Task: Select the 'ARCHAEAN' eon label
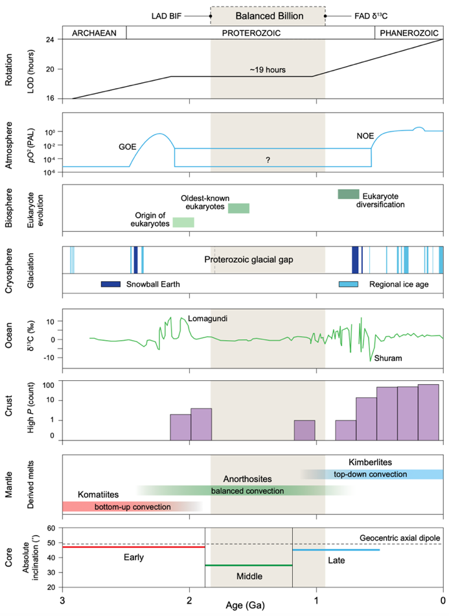click(x=94, y=32)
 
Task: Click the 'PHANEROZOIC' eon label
click(x=409, y=32)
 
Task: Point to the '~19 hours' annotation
click(x=268, y=69)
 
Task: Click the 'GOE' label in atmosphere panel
click(x=127, y=147)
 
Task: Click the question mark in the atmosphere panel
click(x=267, y=159)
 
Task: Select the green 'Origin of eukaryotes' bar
click(x=183, y=222)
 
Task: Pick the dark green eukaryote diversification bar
click(x=348, y=194)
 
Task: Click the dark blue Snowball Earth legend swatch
click(x=111, y=284)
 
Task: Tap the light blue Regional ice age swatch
click(x=350, y=284)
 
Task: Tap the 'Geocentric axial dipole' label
click(x=400, y=538)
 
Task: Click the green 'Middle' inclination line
click(x=248, y=565)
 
